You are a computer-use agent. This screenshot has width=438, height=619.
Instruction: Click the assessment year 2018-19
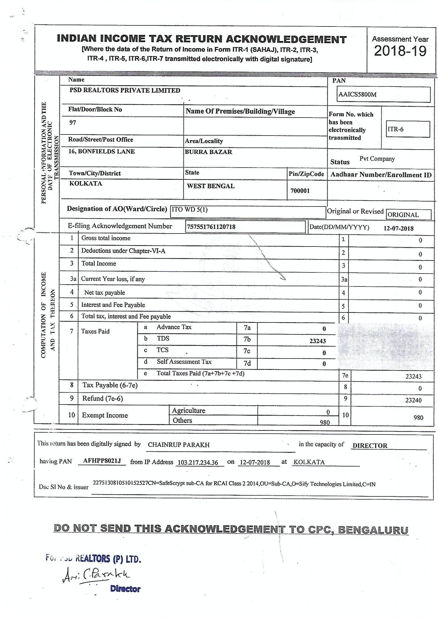click(x=400, y=51)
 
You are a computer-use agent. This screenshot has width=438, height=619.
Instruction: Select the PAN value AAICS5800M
click(x=357, y=95)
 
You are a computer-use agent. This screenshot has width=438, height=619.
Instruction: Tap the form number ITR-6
click(x=395, y=129)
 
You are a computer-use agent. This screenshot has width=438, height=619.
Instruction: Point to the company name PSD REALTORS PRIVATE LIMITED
click(x=125, y=90)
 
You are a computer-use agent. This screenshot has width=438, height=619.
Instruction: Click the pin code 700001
click(x=300, y=191)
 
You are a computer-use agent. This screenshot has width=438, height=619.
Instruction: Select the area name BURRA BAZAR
click(x=208, y=152)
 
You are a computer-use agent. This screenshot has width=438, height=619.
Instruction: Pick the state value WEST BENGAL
click(x=211, y=186)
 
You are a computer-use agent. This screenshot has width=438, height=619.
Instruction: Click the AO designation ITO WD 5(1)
click(x=190, y=209)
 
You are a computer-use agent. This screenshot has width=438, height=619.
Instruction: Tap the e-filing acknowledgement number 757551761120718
click(x=211, y=227)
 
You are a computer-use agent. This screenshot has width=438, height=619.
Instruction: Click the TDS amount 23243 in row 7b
click(x=318, y=341)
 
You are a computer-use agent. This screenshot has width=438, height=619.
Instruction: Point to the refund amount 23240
click(x=413, y=400)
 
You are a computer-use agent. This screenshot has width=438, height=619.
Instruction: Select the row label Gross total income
click(x=106, y=238)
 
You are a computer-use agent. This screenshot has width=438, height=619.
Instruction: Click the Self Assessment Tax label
click(x=184, y=362)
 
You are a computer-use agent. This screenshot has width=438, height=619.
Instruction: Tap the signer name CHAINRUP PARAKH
click(x=178, y=445)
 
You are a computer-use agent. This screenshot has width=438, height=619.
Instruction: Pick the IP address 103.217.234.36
click(x=198, y=463)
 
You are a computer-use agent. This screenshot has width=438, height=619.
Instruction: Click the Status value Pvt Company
click(x=377, y=159)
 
